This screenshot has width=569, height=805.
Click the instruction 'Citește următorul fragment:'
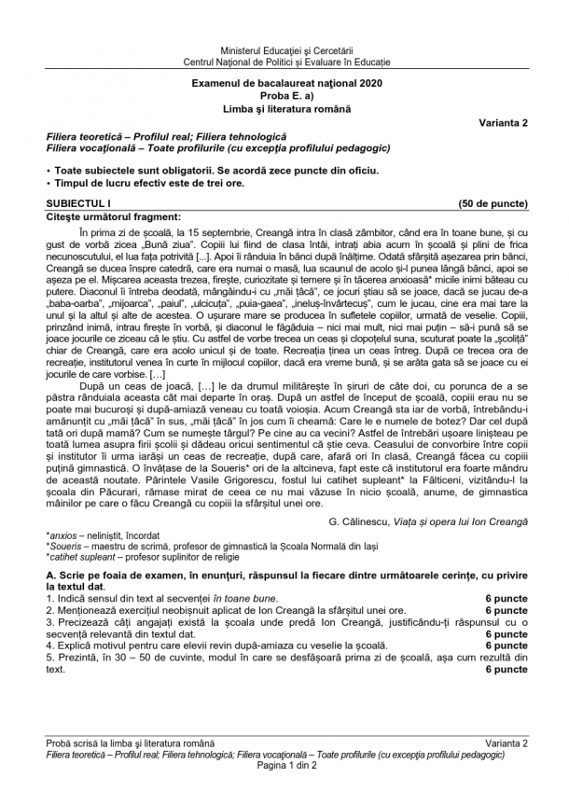click(105, 215)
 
